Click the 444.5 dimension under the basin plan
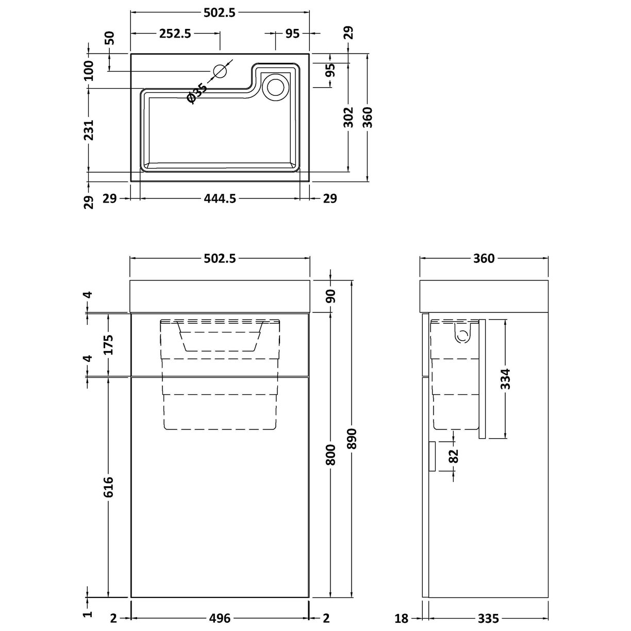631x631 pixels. pos(220,198)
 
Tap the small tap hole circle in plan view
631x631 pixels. pos(220,71)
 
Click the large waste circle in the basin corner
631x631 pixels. pos(275,86)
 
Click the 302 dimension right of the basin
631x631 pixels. pos(348,117)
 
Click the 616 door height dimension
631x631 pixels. pos(108,487)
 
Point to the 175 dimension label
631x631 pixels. pos(108,344)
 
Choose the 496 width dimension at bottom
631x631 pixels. pos(220,617)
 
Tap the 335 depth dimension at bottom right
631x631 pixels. pos(488,617)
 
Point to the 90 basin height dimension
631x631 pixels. pos(330,296)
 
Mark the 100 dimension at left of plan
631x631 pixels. pos(88,71)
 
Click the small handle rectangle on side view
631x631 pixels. pos(432,456)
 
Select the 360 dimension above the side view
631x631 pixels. pos(483,258)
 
